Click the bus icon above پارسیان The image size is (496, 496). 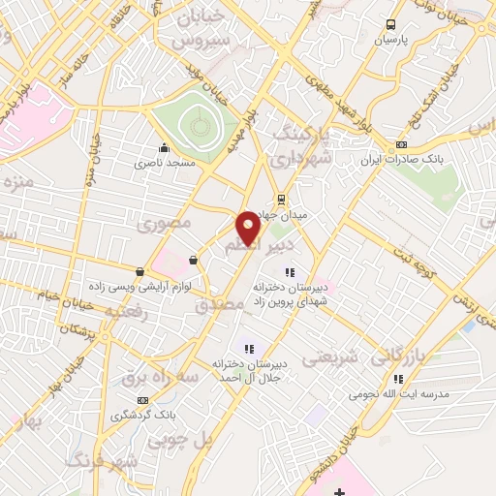(389, 25)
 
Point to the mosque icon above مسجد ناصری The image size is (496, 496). (164, 148)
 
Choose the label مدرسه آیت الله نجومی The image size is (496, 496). (396, 394)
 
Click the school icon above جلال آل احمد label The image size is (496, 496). (248, 348)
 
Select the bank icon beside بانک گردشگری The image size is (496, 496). (142, 400)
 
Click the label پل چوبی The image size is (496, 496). (180, 440)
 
